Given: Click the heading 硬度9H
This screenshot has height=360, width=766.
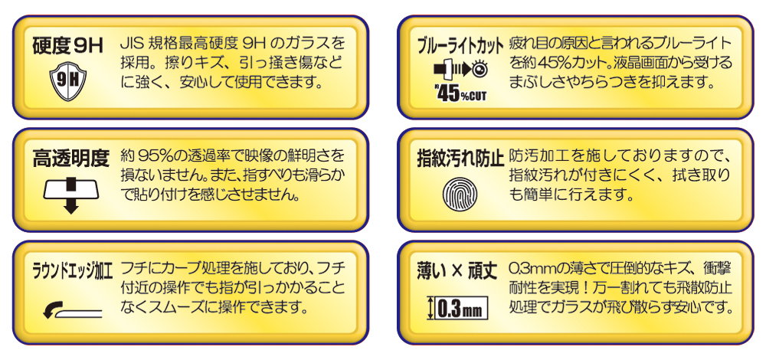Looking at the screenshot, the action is (68, 47).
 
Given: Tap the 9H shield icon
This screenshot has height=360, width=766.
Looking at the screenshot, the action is (68, 80).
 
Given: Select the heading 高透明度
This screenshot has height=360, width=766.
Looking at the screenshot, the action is (70, 159).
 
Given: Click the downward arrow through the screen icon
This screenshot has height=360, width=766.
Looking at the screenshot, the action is (71, 195).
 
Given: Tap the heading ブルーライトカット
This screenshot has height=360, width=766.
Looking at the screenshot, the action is (460, 47).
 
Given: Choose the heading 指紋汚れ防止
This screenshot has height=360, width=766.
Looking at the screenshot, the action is (460, 159).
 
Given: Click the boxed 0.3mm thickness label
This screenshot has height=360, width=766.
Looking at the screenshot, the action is (457, 308).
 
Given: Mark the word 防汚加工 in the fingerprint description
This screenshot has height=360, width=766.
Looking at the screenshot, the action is (538, 157).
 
